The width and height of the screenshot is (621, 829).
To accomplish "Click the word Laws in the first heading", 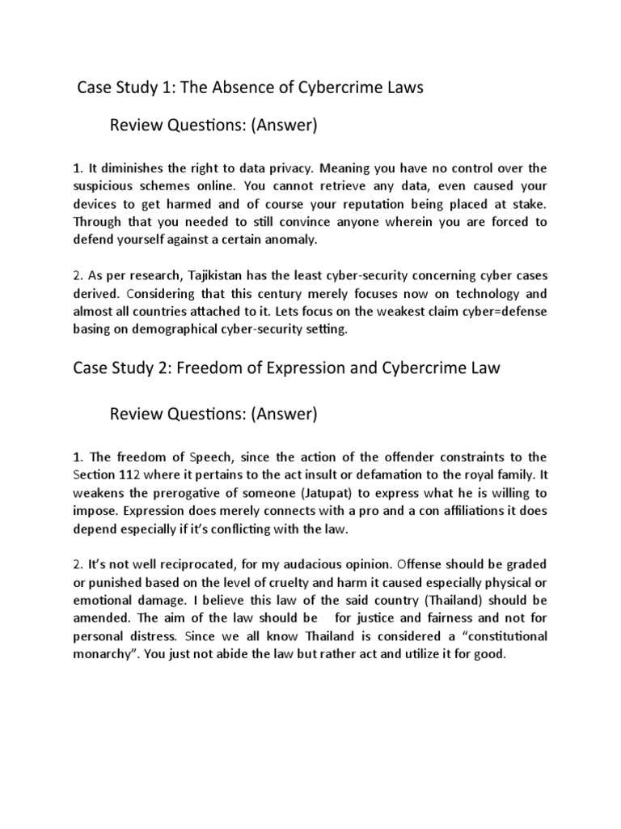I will click(x=399, y=88).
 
